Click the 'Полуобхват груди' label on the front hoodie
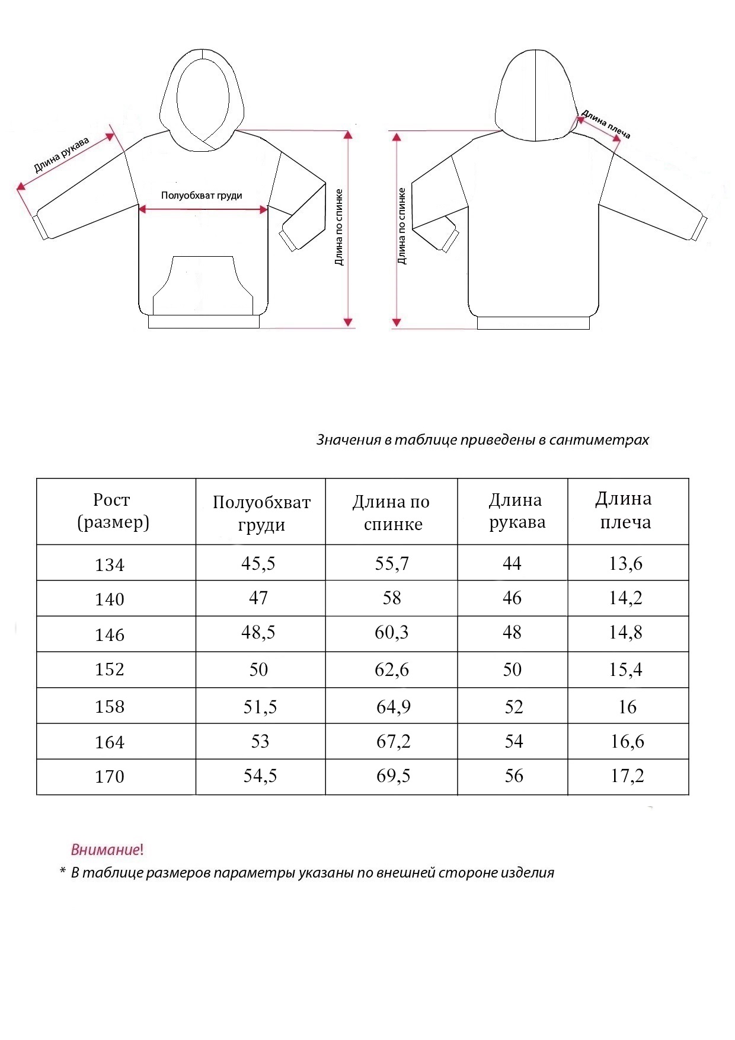click(x=202, y=196)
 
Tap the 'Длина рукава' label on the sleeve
click(x=61, y=155)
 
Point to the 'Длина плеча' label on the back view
click(x=605, y=124)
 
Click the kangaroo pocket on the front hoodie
click(x=202, y=285)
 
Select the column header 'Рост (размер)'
click(x=113, y=511)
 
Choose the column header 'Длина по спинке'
click(x=391, y=512)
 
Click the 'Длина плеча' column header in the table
click(x=625, y=511)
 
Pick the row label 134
click(x=110, y=564)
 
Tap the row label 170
click(x=110, y=777)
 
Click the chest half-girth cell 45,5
click(x=258, y=563)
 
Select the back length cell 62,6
click(x=392, y=669)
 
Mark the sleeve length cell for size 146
click(x=512, y=633)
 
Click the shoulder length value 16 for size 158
click(x=627, y=707)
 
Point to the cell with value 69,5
click(x=394, y=776)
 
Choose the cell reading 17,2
click(x=627, y=776)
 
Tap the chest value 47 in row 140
click(x=258, y=598)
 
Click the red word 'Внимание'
click(x=106, y=850)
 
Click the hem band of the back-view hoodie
click(x=533, y=323)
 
